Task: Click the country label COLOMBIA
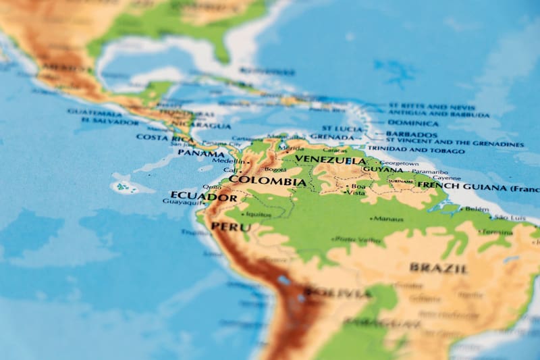(x=267, y=181)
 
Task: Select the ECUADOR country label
(x=203, y=197)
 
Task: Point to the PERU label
(x=231, y=227)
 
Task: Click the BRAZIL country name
(x=438, y=268)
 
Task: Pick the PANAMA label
(x=201, y=153)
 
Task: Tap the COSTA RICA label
(x=163, y=137)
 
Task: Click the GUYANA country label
(x=383, y=170)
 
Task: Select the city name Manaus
(x=389, y=219)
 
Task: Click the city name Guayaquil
(x=183, y=202)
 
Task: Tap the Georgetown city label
(x=399, y=163)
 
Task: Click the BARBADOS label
(x=412, y=134)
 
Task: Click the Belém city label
(x=477, y=209)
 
